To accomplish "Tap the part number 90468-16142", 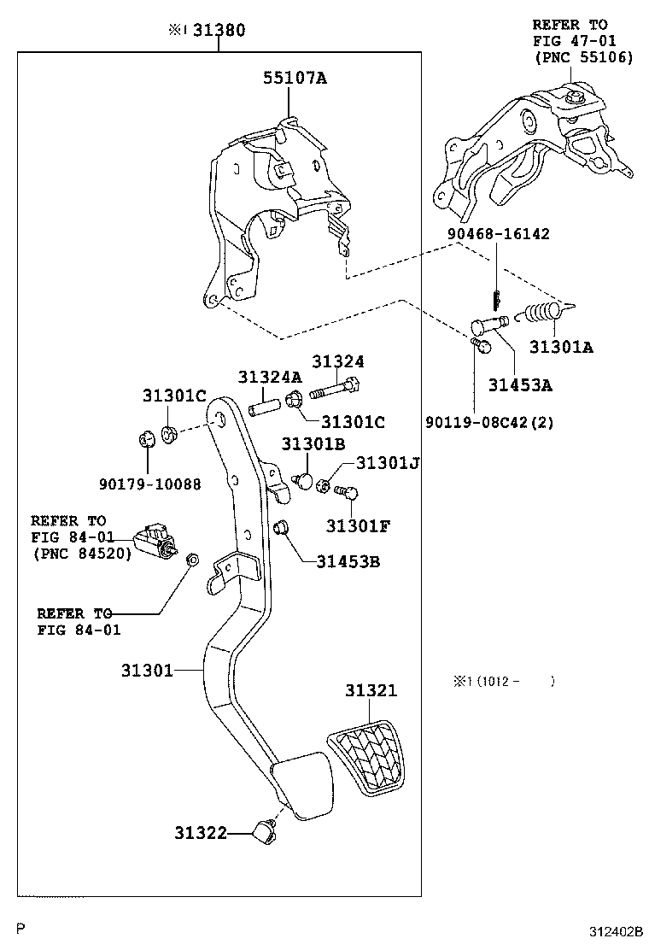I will [498, 233].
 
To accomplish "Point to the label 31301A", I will [561, 347].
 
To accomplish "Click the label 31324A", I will [270, 377].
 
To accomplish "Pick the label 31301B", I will [313, 444].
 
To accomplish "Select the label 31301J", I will [388, 463].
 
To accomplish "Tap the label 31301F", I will [357, 525].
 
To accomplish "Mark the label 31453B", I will [348, 561].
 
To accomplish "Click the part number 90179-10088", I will [149, 484].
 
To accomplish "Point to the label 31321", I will [371, 690].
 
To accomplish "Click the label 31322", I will [201, 832].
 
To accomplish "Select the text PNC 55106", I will [583, 57].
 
